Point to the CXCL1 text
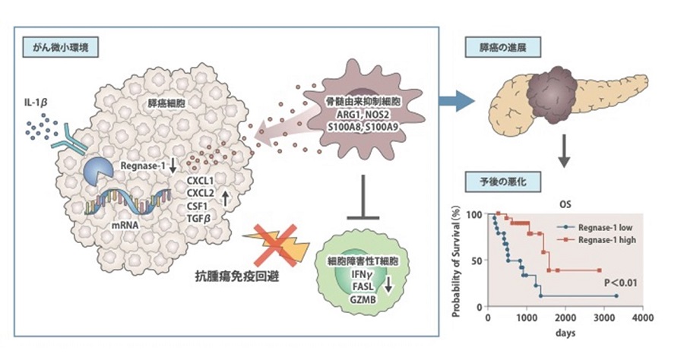tap(202, 179)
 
